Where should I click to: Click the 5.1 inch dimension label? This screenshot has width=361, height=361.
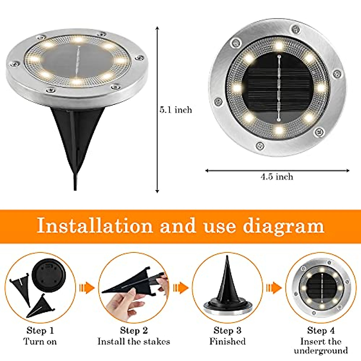[x=175, y=110]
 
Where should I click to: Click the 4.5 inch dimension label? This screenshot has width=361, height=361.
[x=277, y=177]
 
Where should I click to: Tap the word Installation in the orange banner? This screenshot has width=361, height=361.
[x=95, y=226]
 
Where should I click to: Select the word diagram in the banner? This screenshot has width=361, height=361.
[x=283, y=226]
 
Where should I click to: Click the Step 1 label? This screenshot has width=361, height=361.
[x=40, y=331]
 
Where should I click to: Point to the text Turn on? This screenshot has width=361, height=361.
[x=40, y=341]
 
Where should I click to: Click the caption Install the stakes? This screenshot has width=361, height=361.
[x=134, y=341]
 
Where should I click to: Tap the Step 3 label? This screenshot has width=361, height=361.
[x=227, y=331]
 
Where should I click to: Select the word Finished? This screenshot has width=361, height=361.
[x=227, y=341]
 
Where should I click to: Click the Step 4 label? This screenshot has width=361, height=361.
[x=321, y=331]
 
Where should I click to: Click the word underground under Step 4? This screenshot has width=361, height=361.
[x=321, y=351]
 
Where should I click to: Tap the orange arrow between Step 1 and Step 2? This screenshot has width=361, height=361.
[x=87, y=288]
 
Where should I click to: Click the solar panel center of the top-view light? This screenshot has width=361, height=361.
[x=279, y=87]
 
